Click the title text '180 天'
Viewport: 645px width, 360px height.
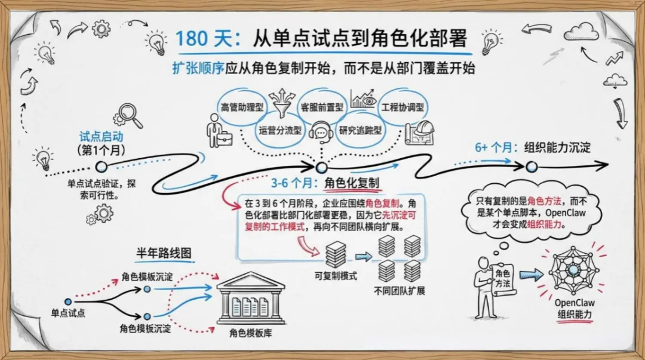pyautogui.click(x=199, y=39)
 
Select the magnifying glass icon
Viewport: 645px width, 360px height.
pyautogui.click(x=131, y=115)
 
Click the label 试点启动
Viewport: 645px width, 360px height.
pyautogui.click(x=102, y=137)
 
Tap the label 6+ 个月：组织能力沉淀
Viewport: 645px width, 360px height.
pyautogui.click(x=533, y=147)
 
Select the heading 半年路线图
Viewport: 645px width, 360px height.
pyautogui.click(x=165, y=253)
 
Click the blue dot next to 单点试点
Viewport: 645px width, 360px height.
pyautogui.click(x=67, y=301)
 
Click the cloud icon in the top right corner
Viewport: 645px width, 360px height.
pyautogui.click(x=581, y=31)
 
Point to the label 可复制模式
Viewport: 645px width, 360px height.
pyautogui.click(x=336, y=276)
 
